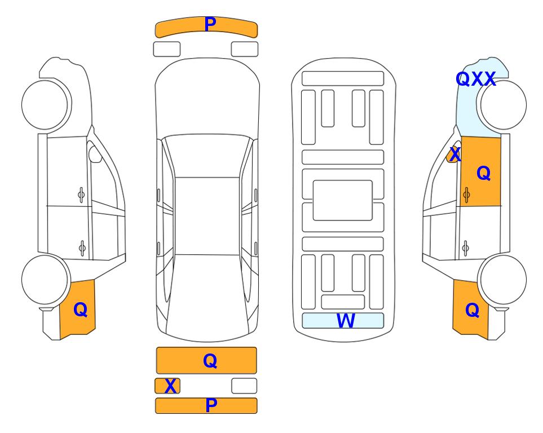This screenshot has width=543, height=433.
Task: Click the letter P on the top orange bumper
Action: pos(210,24)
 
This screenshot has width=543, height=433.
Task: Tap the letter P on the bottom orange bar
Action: pos(211,405)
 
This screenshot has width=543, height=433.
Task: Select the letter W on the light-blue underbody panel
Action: pos(346,320)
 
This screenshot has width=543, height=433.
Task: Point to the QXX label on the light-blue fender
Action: pos(476,79)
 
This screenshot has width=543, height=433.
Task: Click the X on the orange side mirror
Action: pos(455,154)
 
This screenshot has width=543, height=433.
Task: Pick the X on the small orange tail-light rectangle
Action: pos(170,386)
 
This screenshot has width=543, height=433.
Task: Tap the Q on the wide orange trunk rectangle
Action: pos(210,361)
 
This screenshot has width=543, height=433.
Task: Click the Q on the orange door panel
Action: pos(483,173)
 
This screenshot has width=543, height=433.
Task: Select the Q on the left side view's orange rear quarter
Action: pos(80,310)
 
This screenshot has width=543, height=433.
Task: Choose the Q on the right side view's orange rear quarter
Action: pos(472,310)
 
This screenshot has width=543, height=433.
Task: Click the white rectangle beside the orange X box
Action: pos(244,386)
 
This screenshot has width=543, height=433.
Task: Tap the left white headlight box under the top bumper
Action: pos(167,49)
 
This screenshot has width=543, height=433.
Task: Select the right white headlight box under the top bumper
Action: pos(245,49)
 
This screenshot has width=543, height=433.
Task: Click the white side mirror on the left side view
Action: pos(95,154)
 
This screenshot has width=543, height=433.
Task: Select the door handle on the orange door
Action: pos(466,195)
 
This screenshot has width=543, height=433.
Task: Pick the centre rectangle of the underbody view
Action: pos(342,200)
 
